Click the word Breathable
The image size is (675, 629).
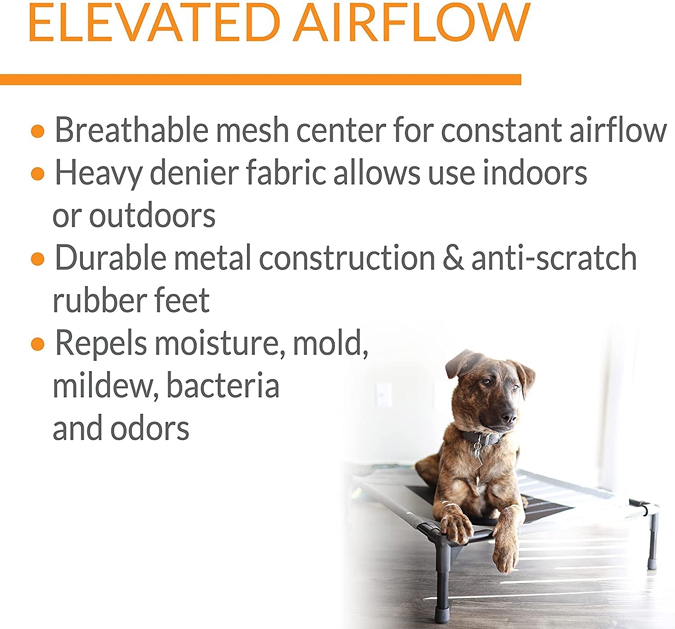[131, 130]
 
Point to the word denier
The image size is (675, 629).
[195, 173]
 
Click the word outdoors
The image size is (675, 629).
[152, 216]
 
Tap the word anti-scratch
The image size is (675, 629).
[554, 258]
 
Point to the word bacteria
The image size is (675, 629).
[223, 385]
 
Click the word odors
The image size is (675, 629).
[149, 428]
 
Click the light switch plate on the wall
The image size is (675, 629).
[383, 395]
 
